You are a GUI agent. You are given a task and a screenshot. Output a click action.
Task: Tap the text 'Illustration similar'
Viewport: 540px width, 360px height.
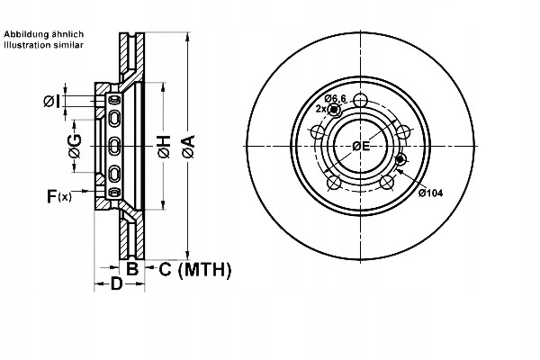click(x=43, y=45)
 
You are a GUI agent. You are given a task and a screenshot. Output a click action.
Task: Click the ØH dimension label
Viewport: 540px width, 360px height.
click(x=164, y=147)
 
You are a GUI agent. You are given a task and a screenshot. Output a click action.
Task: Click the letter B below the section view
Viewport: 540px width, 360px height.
click(x=131, y=268)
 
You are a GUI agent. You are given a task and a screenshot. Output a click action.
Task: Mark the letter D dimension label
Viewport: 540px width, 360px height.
click(x=116, y=285)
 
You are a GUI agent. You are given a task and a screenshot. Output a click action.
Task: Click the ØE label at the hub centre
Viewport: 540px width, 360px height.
click(x=362, y=146)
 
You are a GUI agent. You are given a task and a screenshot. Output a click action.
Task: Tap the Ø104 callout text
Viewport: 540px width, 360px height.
click(x=430, y=193)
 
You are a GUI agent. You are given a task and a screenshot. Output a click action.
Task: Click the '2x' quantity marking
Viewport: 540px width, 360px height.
click(x=320, y=108)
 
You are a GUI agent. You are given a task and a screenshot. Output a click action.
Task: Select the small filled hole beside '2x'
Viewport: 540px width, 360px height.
click(x=335, y=110)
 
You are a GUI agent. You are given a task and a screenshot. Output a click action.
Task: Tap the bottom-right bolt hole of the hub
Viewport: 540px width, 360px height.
click(x=388, y=183)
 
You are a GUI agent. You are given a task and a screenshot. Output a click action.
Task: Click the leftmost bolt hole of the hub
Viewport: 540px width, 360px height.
click(x=317, y=133)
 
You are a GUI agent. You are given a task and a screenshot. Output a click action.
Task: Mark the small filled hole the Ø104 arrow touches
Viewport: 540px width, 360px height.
click(x=400, y=160)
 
